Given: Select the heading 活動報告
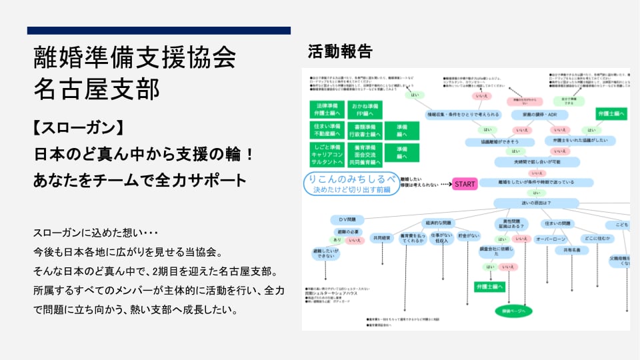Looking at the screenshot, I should tap(340, 51).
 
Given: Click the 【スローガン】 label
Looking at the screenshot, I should tap(79, 127).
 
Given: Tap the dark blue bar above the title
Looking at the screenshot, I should tap(159, 31).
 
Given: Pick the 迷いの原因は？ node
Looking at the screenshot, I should tap(536, 203).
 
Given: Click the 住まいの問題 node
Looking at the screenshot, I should tap(557, 223).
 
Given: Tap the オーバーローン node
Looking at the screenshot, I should tap(551, 238).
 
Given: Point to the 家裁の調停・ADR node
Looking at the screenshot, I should tap(540, 115).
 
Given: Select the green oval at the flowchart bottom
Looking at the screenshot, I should tap(514, 311).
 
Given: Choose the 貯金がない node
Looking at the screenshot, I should tap(469, 236).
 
